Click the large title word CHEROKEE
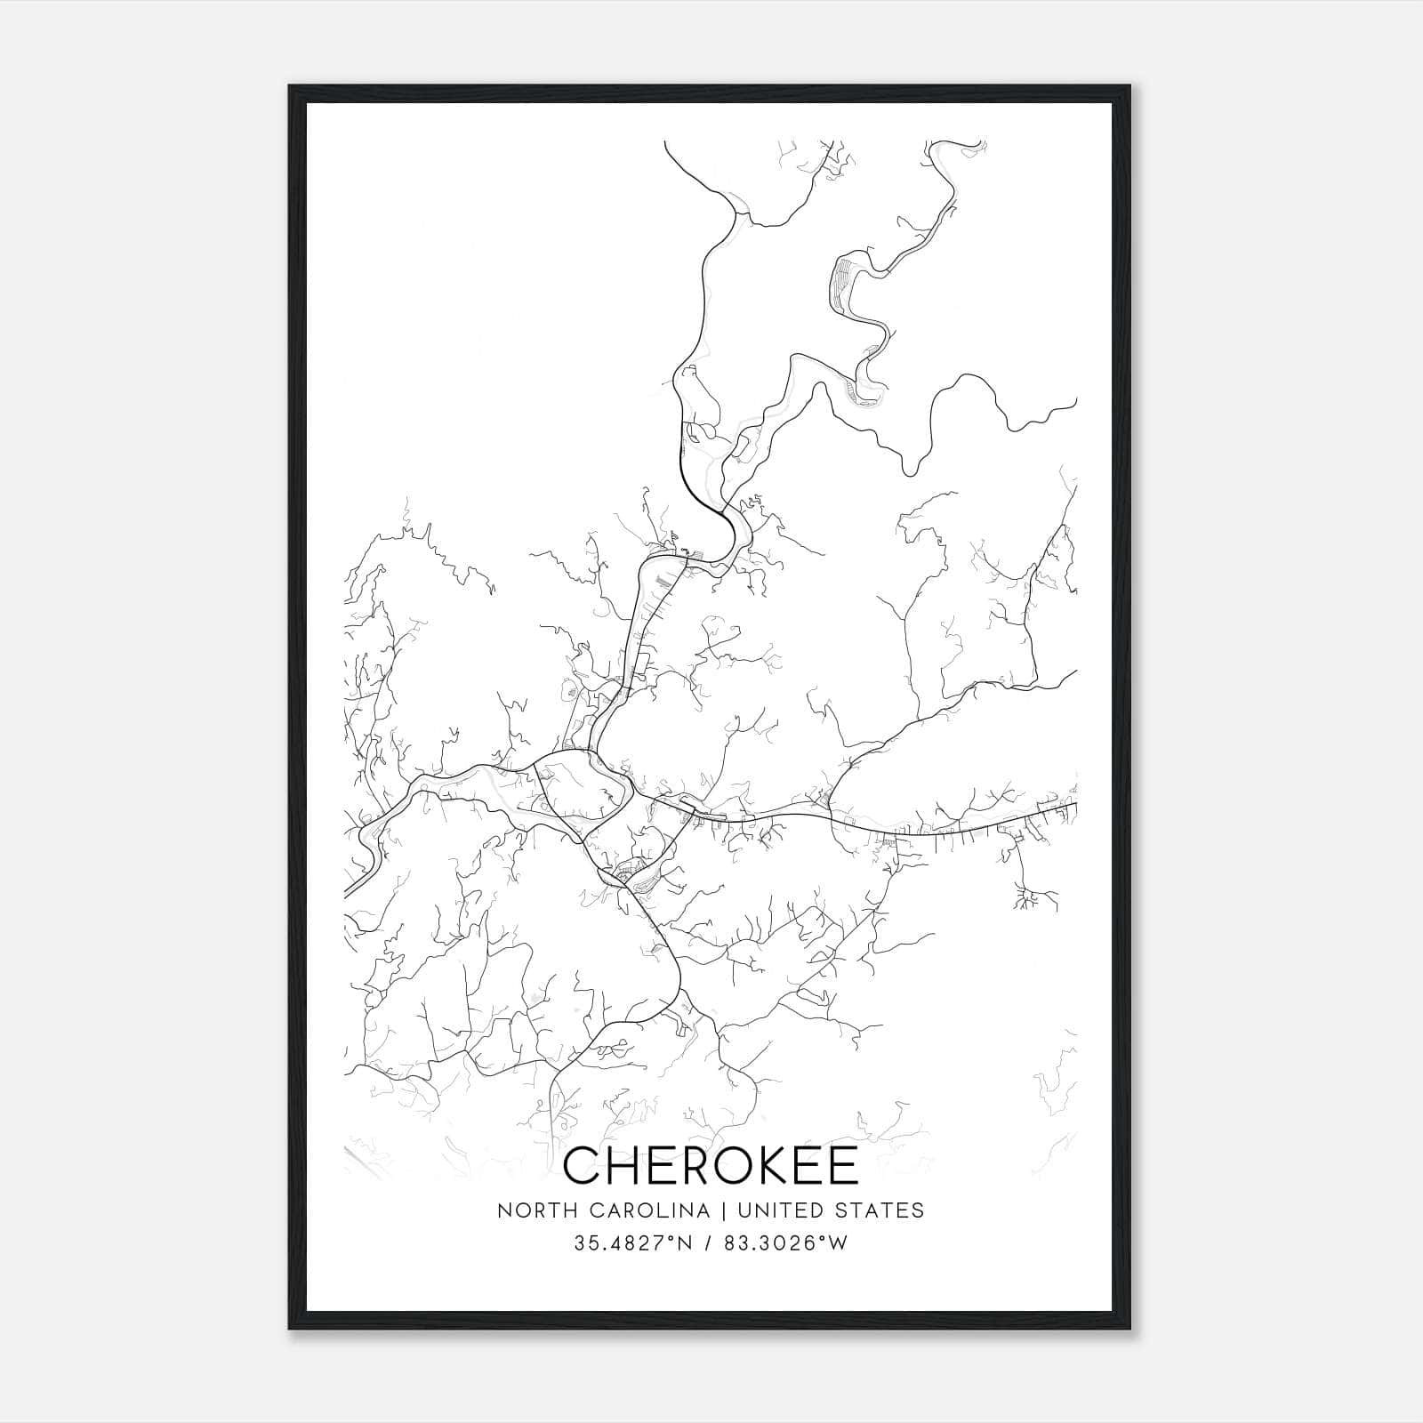coord(711,1166)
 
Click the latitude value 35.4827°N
coord(633,1243)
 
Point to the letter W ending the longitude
coord(838,1243)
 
